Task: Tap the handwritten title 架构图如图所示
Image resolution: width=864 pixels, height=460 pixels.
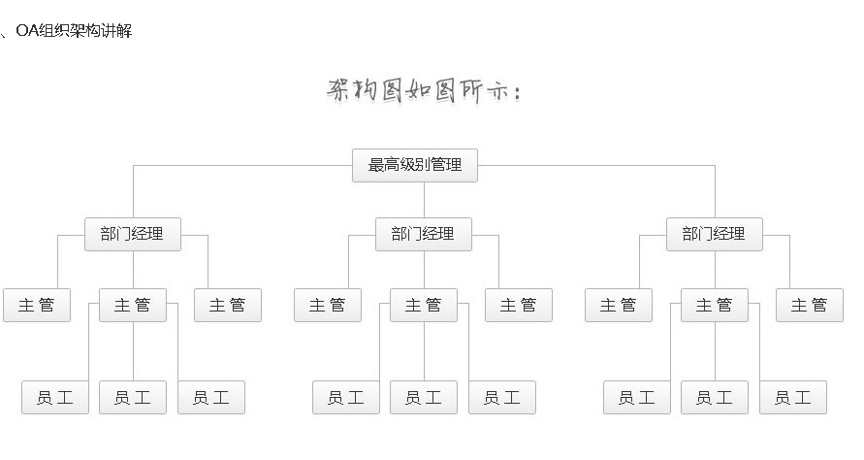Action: (x=424, y=91)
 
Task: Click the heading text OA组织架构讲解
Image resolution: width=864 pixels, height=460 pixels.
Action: (x=74, y=31)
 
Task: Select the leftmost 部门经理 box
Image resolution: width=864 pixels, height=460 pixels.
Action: (x=132, y=234)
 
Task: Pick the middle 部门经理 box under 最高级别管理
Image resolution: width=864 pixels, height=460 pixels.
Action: (x=423, y=234)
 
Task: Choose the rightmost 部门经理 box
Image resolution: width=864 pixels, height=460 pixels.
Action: (x=714, y=234)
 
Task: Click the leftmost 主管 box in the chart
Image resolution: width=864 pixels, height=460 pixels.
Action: (x=37, y=305)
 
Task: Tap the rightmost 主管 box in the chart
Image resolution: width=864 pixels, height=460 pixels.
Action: (x=810, y=305)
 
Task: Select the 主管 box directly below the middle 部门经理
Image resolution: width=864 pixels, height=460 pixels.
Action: (x=424, y=305)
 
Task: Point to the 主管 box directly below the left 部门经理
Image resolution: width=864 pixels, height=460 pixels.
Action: (x=133, y=305)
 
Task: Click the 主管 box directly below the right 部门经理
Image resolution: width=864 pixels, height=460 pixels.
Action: (x=714, y=305)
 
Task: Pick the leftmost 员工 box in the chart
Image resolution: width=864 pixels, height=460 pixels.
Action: (x=55, y=397)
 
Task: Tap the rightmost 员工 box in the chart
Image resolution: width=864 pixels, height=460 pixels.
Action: (x=792, y=397)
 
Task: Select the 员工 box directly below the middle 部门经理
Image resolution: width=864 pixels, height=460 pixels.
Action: (x=424, y=397)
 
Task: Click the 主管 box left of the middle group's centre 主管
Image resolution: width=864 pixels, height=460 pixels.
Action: (x=328, y=305)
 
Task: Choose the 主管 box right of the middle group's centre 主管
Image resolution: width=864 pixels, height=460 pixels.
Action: (x=519, y=305)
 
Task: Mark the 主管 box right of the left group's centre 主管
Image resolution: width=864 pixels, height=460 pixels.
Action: (x=228, y=305)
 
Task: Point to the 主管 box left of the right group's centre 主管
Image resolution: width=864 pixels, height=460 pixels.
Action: (x=619, y=305)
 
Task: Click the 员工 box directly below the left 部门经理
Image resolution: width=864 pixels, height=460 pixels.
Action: (x=133, y=397)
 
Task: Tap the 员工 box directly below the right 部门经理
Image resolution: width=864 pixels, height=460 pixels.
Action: (x=715, y=397)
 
